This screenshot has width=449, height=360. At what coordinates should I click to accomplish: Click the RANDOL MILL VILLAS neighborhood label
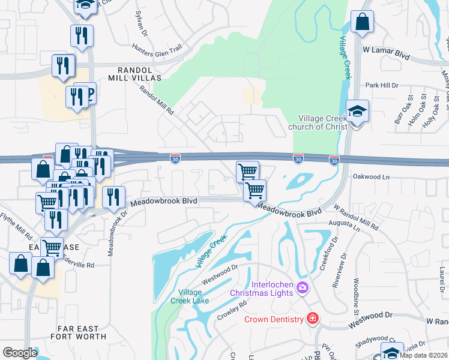(135, 74)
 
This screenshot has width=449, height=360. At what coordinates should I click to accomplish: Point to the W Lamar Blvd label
(386, 55)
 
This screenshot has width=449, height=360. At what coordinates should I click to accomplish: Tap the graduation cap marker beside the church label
(357, 112)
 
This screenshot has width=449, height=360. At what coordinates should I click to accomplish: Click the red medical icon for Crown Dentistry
(312, 319)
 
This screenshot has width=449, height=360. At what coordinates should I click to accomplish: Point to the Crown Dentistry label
(273, 319)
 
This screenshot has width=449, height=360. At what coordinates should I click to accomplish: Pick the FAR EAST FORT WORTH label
(82, 332)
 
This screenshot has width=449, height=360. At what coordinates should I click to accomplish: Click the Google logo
(20, 352)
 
